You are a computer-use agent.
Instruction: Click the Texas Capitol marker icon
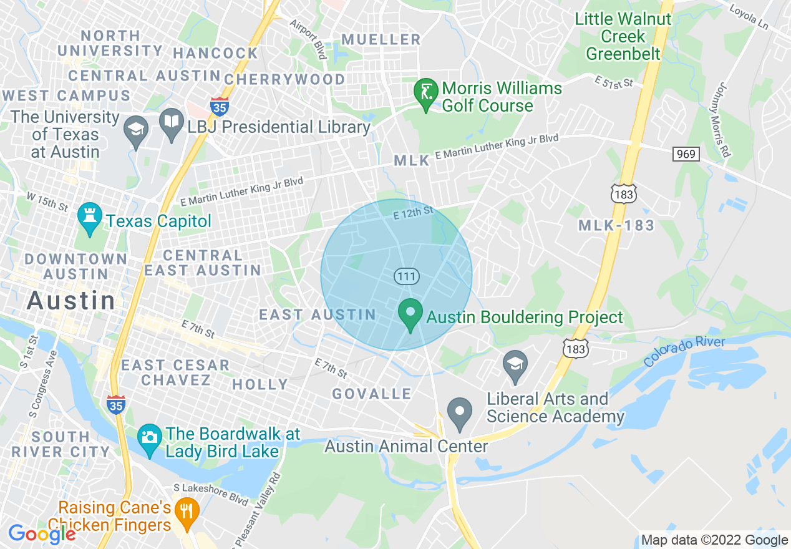tap(89, 216)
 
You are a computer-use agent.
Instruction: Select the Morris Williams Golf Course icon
tap(426, 94)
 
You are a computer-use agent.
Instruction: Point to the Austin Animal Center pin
tap(460, 412)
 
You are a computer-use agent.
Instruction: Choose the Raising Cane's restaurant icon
tap(187, 512)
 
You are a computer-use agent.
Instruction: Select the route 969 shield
tap(686, 153)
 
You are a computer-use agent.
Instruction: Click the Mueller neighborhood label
tap(382, 40)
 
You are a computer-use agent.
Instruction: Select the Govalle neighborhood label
tap(372, 394)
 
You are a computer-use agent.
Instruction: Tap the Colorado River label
tap(684, 351)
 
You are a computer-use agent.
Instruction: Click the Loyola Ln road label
tap(749, 17)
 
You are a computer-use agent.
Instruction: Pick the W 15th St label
tap(46, 201)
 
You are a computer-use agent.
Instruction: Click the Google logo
tap(42, 534)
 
